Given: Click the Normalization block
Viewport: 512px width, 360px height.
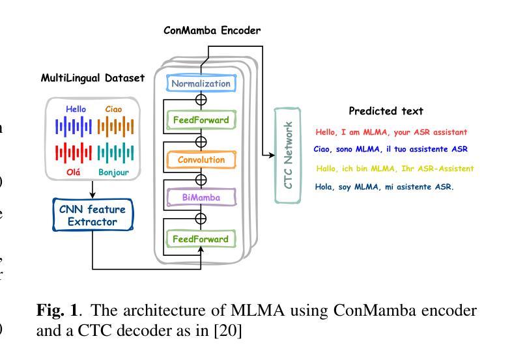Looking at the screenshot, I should click(201, 83).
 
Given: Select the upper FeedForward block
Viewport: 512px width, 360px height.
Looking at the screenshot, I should click(201, 120).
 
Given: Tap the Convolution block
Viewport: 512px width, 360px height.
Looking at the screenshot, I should click(201, 159).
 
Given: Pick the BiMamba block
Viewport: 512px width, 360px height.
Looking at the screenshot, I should click(201, 196).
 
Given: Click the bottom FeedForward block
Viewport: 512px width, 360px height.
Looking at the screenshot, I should click(201, 239).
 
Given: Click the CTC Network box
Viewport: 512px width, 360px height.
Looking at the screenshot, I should click(287, 155).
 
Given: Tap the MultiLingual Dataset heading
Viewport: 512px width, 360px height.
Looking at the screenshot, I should click(92, 78).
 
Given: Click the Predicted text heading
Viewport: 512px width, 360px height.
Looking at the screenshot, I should click(386, 111).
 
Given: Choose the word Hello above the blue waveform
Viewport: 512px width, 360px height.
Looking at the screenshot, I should click(76, 109).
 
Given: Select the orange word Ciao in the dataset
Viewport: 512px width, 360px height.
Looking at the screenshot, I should click(113, 109).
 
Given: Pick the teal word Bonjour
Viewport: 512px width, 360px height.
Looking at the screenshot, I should click(114, 173).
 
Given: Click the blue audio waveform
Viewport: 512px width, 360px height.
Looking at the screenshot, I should click(73, 126).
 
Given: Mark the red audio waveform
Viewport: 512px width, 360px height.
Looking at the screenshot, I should click(73, 154).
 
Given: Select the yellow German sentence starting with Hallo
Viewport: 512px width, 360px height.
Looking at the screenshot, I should click(395, 169).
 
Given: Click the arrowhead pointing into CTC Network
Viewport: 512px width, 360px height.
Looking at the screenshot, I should click(272, 155).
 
